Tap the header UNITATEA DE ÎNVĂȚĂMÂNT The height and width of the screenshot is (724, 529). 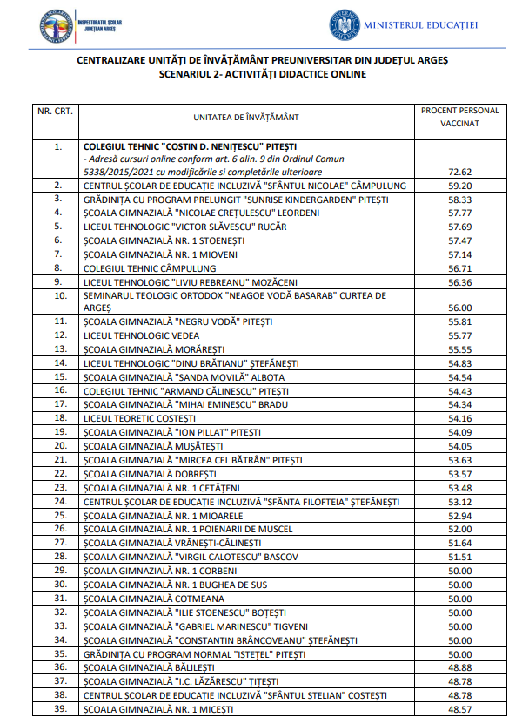point(245,117)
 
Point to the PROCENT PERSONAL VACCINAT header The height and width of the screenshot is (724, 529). point(459,117)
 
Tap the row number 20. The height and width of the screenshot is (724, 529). point(60,444)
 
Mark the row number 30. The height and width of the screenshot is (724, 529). point(60,584)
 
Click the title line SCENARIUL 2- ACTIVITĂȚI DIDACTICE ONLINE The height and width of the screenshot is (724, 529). point(264,74)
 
